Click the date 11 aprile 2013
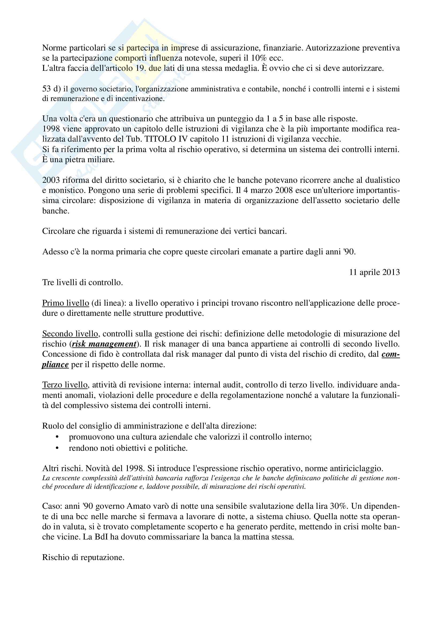pos(374,272)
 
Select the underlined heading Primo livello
pos(66,303)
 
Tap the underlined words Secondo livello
pos(70,334)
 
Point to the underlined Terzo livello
pos(65,385)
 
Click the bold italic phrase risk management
pos(104,344)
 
